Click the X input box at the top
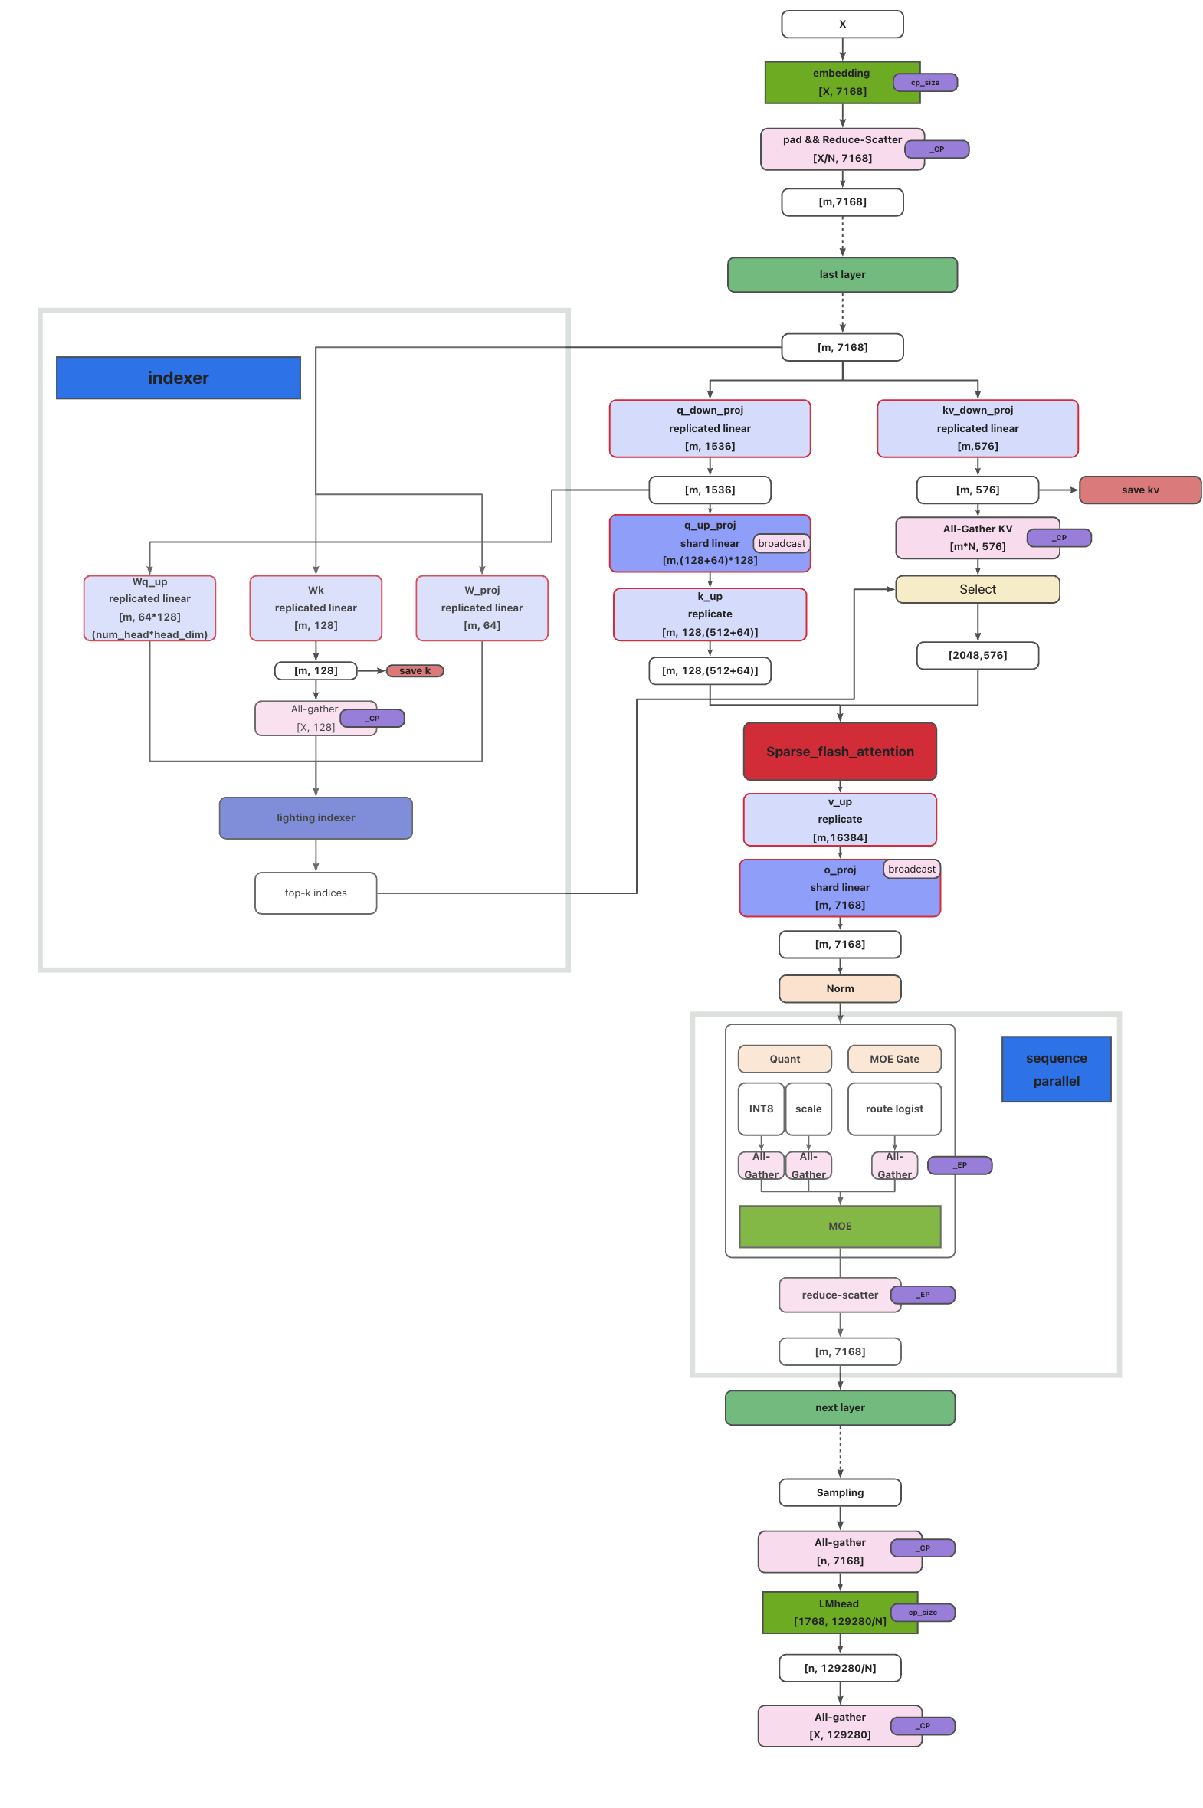(841, 24)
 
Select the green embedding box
(828, 82)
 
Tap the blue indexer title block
(178, 378)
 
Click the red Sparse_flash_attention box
(839, 751)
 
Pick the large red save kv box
(1139, 490)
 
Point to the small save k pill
(415, 670)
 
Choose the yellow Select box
(977, 589)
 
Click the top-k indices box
(316, 893)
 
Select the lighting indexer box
(316, 817)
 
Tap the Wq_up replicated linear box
(149, 608)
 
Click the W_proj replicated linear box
(481, 608)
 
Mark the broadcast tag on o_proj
(912, 868)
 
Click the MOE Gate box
(893, 1059)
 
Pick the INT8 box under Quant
(760, 1109)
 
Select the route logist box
(893, 1109)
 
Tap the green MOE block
(839, 1226)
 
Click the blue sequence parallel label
(1056, 1069)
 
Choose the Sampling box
(839, 1492)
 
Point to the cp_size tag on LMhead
(923, 1613)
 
